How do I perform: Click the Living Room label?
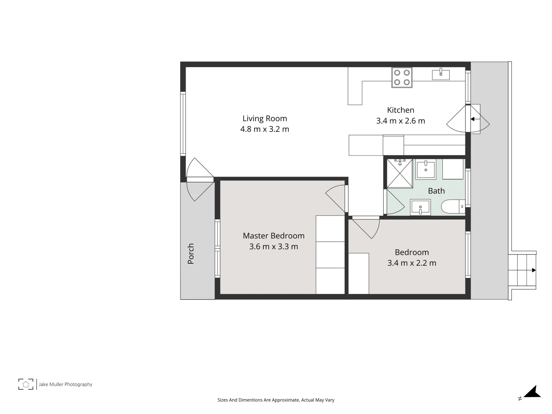click(264, 118)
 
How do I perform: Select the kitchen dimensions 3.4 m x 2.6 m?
click(401, 121)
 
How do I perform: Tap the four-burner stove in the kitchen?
click(402, 77)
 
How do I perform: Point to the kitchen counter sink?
click(441, 74)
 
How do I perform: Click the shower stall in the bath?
click(400, 173)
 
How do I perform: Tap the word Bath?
click(436, 191)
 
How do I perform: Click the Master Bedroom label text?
click(274, 236)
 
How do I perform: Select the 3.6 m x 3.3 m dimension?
click(274, 246)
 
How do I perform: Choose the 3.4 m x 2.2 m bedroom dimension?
click(412, 263)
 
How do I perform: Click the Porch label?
click(191, 253)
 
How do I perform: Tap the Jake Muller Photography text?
click(66, 384)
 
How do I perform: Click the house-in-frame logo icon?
click(26, 384)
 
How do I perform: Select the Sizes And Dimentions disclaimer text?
click(276, 400)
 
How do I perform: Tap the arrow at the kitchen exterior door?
click(473, 119)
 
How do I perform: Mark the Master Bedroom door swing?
click(335, 197)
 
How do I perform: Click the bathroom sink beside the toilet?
click(421, 207)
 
